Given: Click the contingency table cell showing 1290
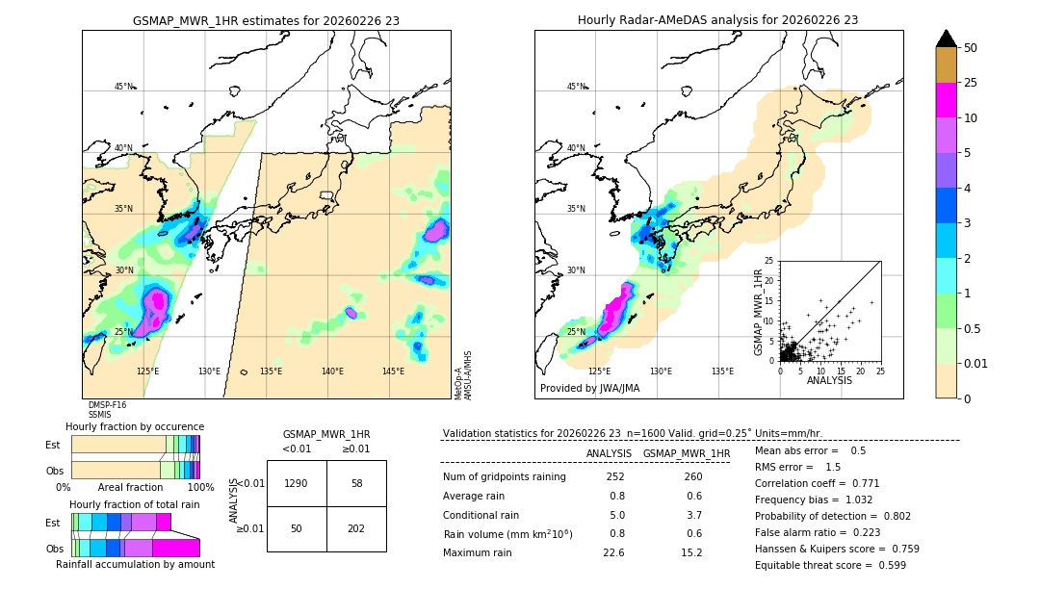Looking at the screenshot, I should (x=297, y=483).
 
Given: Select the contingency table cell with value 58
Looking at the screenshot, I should (x=356, y=483).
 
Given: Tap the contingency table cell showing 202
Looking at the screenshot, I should (x=356, y=528).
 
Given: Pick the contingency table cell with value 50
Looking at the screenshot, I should (x=297, y=528).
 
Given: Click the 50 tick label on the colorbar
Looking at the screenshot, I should (x=971, y=48).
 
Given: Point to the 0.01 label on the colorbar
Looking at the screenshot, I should (x=975, y=363).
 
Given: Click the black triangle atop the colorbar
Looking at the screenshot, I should (x=946, y=38).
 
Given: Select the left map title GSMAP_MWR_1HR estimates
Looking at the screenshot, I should (x=266, y=20).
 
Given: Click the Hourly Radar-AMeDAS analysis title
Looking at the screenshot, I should (x=717, y=20).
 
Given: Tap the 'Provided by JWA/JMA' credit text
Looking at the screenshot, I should (x=589, y=389).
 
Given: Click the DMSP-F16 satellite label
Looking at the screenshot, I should (x=107, y=405).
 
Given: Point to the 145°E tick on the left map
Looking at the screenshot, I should (x=393, y=371).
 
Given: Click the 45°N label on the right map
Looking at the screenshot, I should (x=576, y=87).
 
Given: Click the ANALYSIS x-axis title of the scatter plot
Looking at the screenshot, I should (x=829, y=381).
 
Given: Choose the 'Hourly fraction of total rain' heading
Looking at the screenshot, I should (x=134, y=504).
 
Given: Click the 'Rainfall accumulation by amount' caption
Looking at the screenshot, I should (x=135, y=565).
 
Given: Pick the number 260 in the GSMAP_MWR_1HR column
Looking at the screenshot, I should (x=691, y=477).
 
